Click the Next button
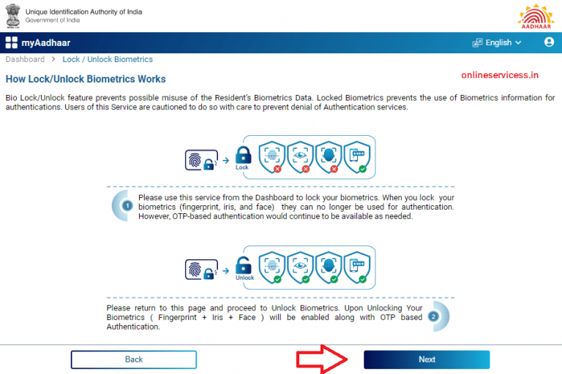pyautogui.click(x=427, y=359)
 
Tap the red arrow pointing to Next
pyautogui.click(x=323, y=359)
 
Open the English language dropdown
pyautogui.click(x=498, y=42)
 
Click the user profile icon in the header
pyautogui.click(x=550, y=42)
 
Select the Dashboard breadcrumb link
pyautogui.click(x=25, y=59)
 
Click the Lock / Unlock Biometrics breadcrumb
pyautogui.click(x=108, y=59)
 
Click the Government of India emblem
pyautogui.click(x=12, y=16)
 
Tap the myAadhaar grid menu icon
pyautogui.click(x=11, y=42)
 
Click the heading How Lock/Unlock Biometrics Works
pyautogui.click(x=86, y=79)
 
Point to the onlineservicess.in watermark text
pyautogui.click(x=499, y=75)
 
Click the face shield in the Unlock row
pyautogui.click(x=330, y=266)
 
